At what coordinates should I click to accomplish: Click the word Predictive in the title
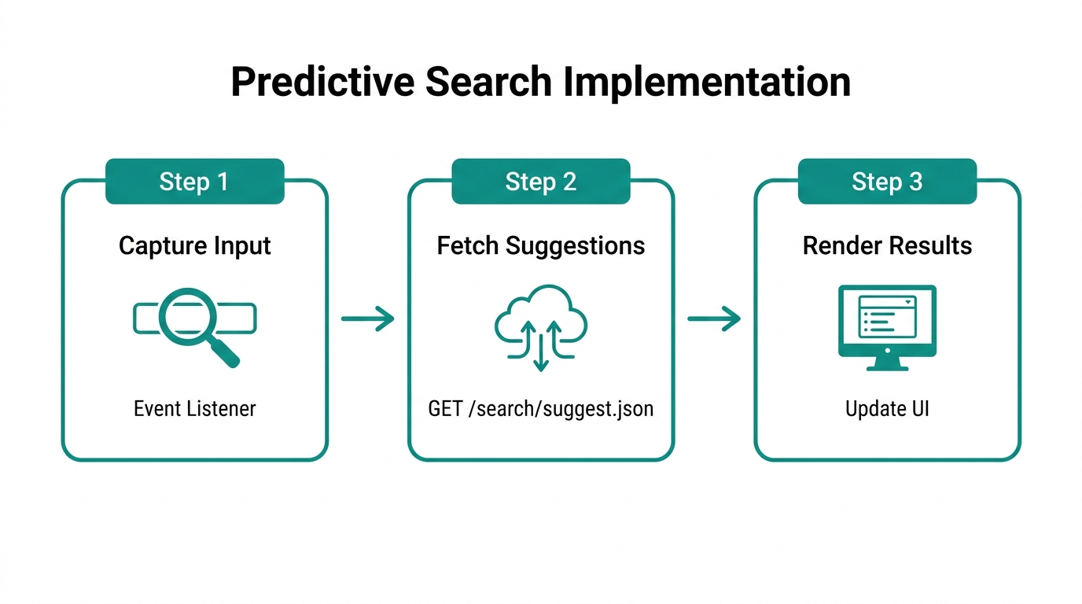tap(322, 83)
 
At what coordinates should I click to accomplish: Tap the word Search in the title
tap(488, 83)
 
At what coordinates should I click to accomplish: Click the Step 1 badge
tap(194, 182)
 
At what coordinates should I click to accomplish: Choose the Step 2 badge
tap(541, 182)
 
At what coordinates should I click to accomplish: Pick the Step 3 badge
tap(887, 182)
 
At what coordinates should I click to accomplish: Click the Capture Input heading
tap(194, 246)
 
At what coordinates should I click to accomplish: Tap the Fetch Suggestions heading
tap(541, 246)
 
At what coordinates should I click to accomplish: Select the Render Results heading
tap(887, 246)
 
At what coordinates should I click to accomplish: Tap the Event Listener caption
tap(194, 409)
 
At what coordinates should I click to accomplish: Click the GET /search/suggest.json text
tap(541, 409)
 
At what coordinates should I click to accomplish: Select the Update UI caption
tap(887, 409)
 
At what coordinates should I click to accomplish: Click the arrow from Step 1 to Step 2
tap(367, 319)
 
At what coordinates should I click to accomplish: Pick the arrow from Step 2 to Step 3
tap(714, 319)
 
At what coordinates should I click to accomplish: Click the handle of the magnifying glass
tap(225, 353)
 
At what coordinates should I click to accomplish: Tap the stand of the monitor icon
tap(887, 364)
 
